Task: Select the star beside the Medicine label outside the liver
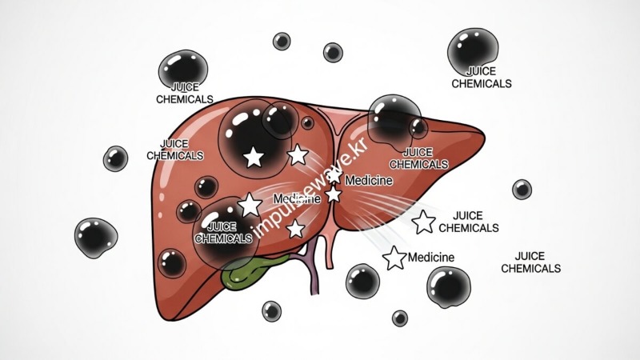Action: (394, 258)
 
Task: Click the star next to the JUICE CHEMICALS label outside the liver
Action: (424, 222)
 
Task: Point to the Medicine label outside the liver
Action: (431, 258)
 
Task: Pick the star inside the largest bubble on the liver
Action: (254, 156)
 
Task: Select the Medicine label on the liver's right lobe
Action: (368, 181)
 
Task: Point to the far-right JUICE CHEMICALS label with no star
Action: (530, 262)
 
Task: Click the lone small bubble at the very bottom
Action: (400, 318)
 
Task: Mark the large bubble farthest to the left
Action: (96, 238)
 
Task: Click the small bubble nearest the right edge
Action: (522, 189)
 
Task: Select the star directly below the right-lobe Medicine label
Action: (334, 194)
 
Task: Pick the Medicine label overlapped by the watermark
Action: (296, 198)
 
